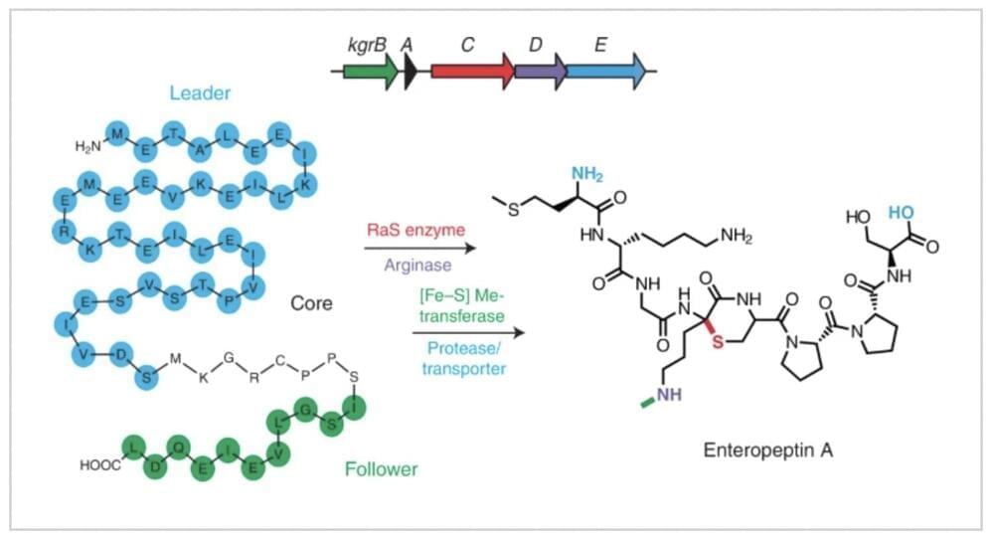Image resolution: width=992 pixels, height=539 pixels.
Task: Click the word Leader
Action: click(200, 93)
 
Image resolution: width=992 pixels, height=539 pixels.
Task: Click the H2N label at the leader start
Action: click(88, 146)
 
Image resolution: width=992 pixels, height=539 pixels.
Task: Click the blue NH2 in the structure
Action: click(587, 175)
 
